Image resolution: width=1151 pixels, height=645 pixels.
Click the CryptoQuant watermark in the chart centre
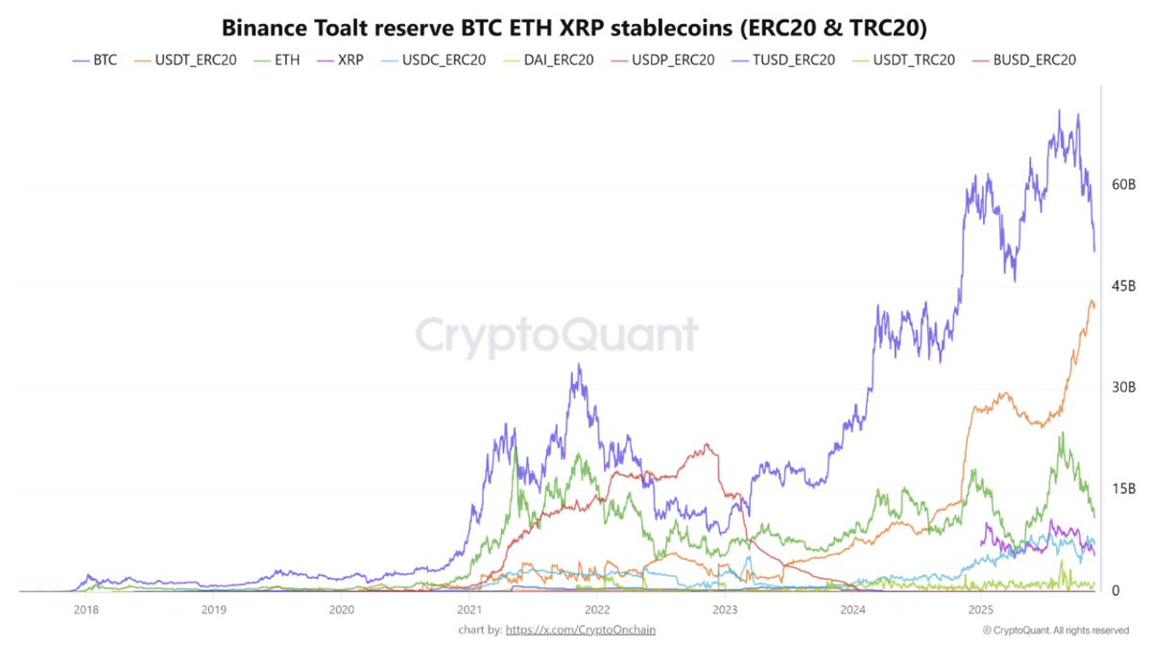(557, 335)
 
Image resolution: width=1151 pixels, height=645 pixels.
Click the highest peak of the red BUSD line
(707, 444)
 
